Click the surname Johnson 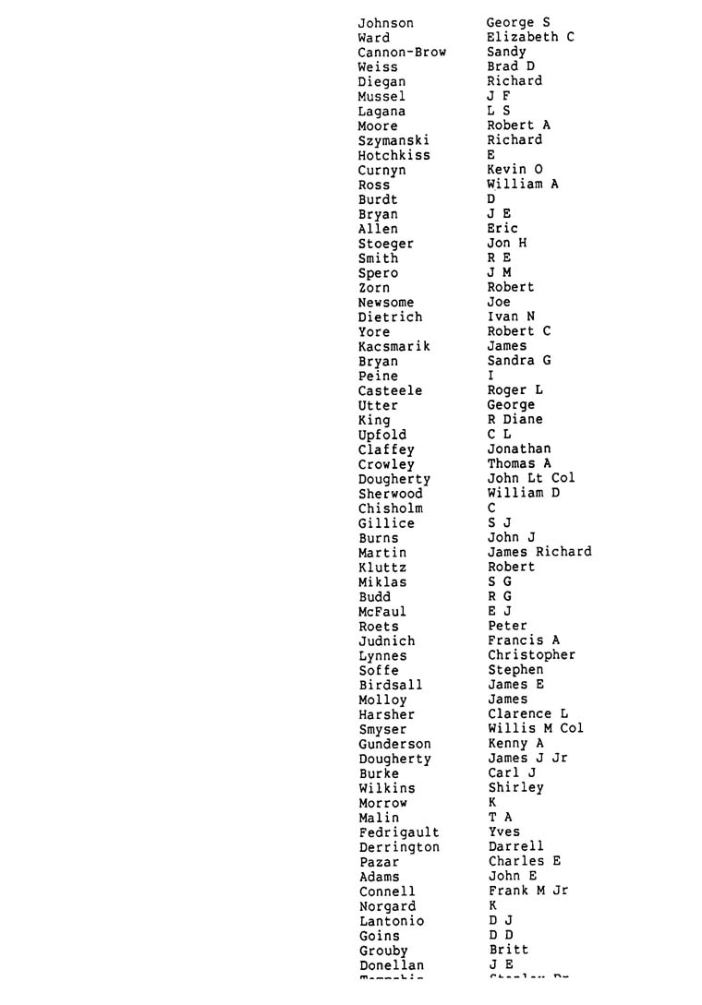385,23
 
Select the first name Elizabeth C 530,37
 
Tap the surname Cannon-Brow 402,53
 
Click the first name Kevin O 514,170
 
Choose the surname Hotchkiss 393,155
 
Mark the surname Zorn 374,288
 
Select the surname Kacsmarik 393,346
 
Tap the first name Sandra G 519,361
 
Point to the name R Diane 514,420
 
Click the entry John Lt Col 531,478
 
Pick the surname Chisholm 391,508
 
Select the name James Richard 539,552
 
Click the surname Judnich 387,640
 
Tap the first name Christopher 531,655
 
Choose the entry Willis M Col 536,729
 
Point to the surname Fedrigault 399,832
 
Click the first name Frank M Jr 528,891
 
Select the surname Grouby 383,951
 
